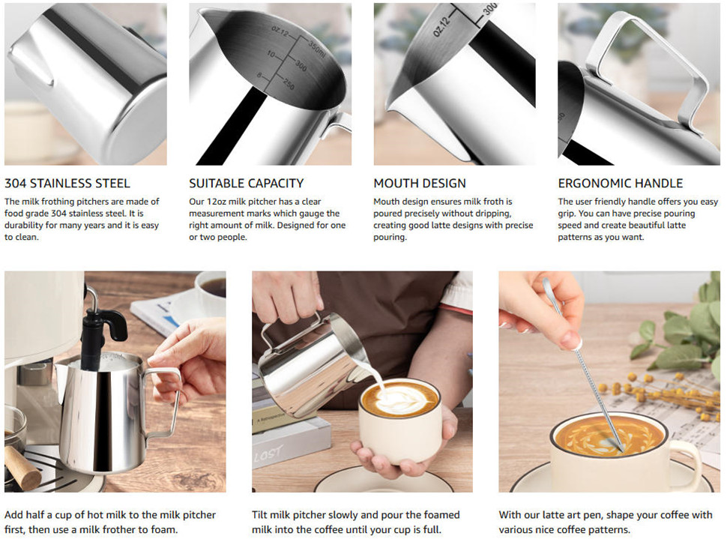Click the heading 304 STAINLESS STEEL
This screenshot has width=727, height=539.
click(67, 183)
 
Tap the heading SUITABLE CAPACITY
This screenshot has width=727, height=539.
click(246, 183)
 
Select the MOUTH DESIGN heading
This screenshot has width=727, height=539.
click(420, 183)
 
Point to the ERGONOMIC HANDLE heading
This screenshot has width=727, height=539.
click(621, 183)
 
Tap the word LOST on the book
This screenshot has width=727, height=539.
click(268, 454)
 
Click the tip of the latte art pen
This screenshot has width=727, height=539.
click(622, 450)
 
